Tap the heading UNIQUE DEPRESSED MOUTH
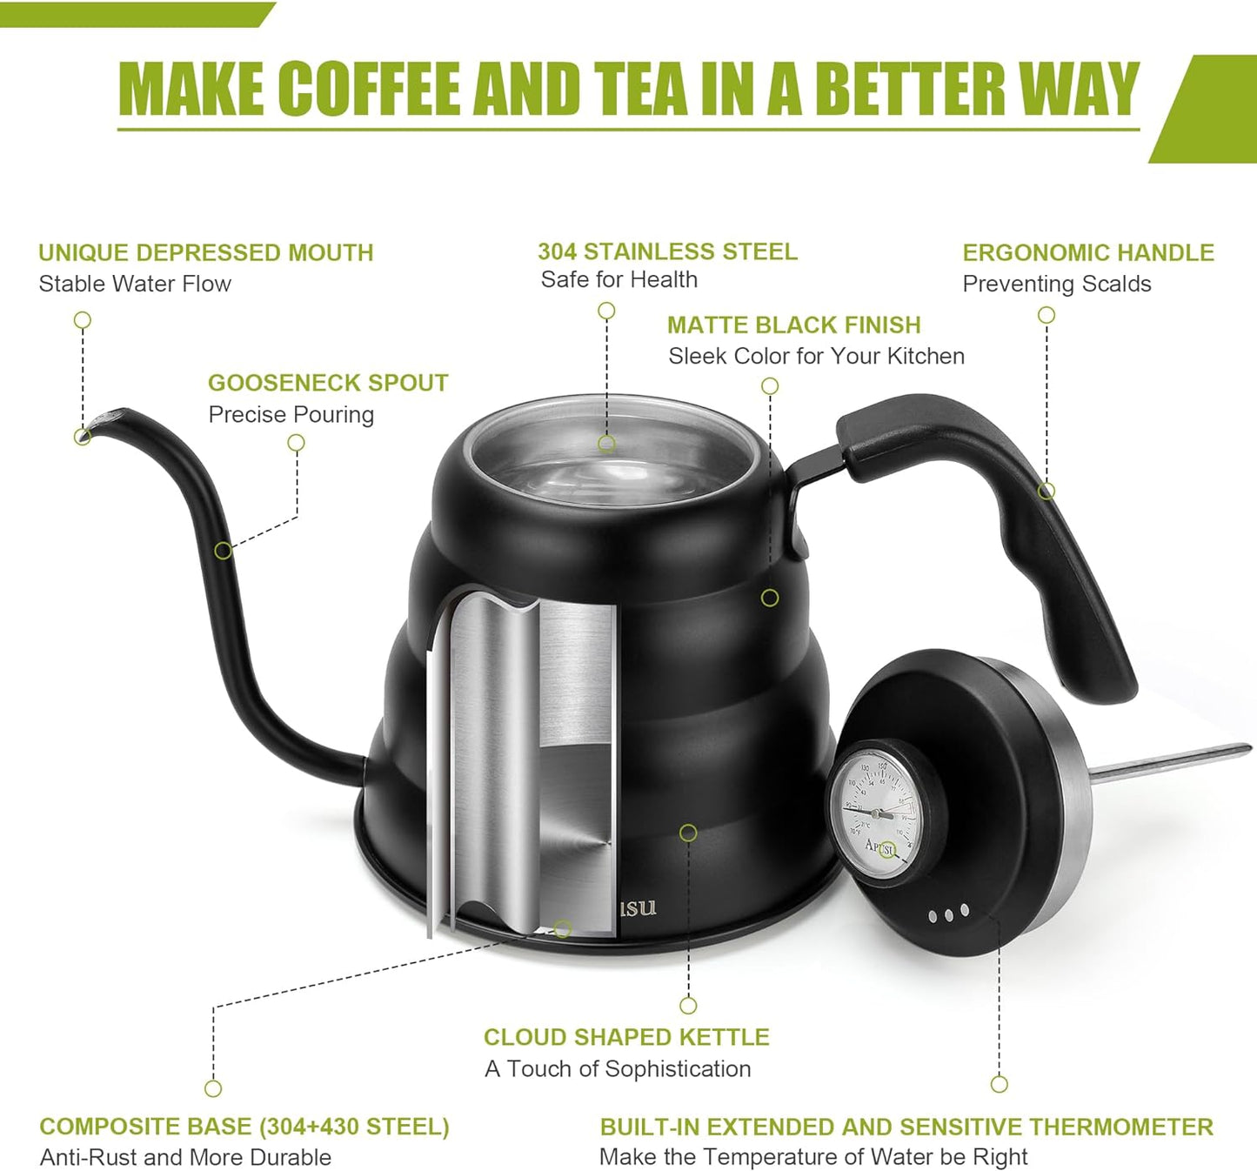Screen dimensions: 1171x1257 [x=205, y=252]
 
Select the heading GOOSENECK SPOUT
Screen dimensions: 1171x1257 [x=328, y=383]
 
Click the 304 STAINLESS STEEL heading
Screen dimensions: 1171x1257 [x=667, y=251]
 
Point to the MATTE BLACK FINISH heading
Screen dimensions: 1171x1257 [x=793, y=325]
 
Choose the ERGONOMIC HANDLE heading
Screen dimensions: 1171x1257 [x=1087, y=252]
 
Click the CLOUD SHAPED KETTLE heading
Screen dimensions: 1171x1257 [x=626, y=1037]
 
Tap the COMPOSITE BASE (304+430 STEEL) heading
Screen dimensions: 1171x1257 [x=244, y=1127]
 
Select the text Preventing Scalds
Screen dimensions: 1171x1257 [x=1056, y=284]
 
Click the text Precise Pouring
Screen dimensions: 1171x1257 [x=291, y=414]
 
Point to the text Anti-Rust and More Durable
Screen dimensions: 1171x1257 [x=185, y=1157]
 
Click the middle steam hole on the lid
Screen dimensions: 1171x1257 [x=948, y=914]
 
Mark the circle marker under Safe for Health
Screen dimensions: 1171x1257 [x=606, y=311]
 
